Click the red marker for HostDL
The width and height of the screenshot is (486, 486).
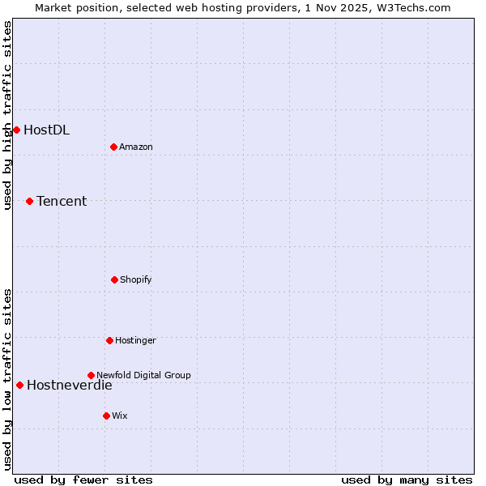point(16,130)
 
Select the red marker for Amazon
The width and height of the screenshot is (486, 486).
point(113,147)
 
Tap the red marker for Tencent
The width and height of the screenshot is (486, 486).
point(29,201)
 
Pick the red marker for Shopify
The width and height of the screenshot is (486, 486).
point(114,279)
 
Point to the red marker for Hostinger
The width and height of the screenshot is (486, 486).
point(109,340)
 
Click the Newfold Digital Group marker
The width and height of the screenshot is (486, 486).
point(91,375)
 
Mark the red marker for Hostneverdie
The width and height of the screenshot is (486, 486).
point(19,385)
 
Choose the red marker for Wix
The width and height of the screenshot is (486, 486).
point(106,416)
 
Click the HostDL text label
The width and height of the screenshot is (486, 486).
point(46,130)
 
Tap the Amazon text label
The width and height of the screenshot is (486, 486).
point(136,147)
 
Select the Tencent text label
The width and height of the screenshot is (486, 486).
point(62,201)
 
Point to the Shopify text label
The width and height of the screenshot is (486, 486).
point(136,279)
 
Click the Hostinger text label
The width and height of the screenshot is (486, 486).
point(135,340)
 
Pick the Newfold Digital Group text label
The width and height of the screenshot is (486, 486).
point(143,375)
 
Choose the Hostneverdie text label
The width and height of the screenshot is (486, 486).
point(70,385)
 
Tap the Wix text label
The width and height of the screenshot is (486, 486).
point(120,416)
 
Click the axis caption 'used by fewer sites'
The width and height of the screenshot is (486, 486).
point(83,480)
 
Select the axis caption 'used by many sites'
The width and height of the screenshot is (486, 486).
point(407,480)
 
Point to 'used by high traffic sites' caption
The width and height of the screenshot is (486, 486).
point(7,115)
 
